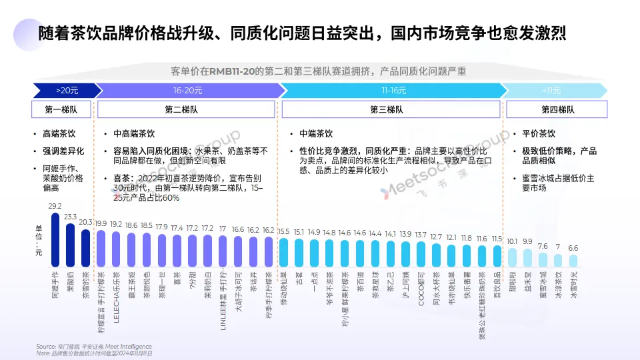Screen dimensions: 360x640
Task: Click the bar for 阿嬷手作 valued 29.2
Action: [55, 240]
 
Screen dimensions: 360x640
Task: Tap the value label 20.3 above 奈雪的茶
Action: [86, 223]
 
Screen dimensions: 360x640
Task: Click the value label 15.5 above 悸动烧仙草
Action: [283, 231]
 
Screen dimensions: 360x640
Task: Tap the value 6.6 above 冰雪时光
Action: [573, 247]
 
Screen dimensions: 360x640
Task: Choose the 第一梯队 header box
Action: [62, 109]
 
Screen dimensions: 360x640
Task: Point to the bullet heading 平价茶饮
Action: [538, 134]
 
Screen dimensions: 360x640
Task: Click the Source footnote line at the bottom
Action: [94, 347]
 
